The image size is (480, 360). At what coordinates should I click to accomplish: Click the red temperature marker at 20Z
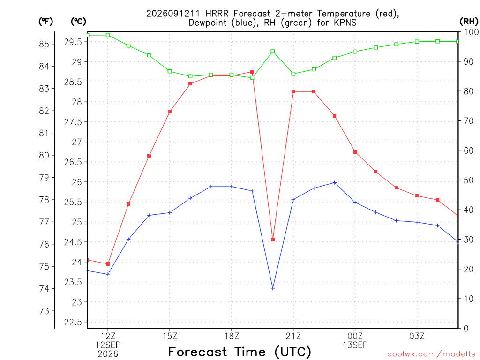click(x=273, y=240)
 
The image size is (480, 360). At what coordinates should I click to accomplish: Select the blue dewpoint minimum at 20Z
click(x=273, y=288)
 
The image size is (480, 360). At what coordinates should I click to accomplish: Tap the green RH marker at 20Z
click(x=273, y=52)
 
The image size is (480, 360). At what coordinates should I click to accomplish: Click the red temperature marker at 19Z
click(x=252, y=72)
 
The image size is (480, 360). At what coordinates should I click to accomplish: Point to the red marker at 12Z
click(x=108, y=264)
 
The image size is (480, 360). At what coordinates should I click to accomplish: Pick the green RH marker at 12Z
click(x=108, y=35)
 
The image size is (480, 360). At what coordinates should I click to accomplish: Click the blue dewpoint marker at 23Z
click(x=335, y=183)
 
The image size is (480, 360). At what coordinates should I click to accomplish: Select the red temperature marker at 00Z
click(x=355, y=152)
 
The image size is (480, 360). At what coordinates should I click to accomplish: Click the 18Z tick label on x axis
click(x=232, y=336)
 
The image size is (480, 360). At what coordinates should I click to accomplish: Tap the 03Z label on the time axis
click(x=417, y=336)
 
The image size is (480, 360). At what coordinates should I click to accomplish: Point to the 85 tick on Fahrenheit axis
click(x=44, y=44)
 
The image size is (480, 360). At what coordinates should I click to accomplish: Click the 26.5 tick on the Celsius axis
click(x=73, y=162)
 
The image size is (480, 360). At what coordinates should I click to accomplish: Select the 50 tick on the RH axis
click(x=468, y=180)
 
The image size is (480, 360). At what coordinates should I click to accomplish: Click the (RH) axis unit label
click(x=469, y=21)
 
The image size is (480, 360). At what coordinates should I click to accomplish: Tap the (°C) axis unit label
click(x=78, y=21)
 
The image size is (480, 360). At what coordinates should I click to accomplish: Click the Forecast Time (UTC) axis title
click(x=240, y=352)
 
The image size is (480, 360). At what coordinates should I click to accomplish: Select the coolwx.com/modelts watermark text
click(x=431, y=354)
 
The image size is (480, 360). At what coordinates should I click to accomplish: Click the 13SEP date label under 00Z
click(x=355, y=345)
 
